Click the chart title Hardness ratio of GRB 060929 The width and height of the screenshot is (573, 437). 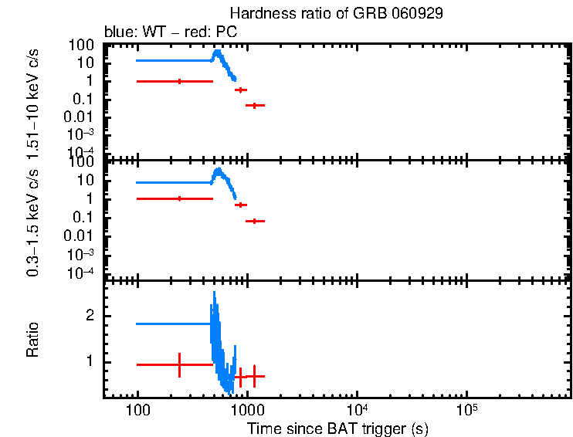(337, 15)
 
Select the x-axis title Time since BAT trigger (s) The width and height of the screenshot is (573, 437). (337, 427)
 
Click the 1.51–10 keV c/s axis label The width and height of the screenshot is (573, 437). (32, 100)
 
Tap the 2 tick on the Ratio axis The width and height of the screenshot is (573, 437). (90, 316)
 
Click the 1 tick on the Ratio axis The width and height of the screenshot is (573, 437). (90, 361)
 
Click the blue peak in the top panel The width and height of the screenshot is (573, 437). (218, 52)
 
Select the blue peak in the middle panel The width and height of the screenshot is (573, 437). (219, 170)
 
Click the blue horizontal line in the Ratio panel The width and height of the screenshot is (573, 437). (174, 324)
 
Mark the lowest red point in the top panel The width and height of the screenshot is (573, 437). (254, 105)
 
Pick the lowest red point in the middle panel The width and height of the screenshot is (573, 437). (254, 221)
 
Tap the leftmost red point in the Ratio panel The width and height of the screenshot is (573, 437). (179, 364)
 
